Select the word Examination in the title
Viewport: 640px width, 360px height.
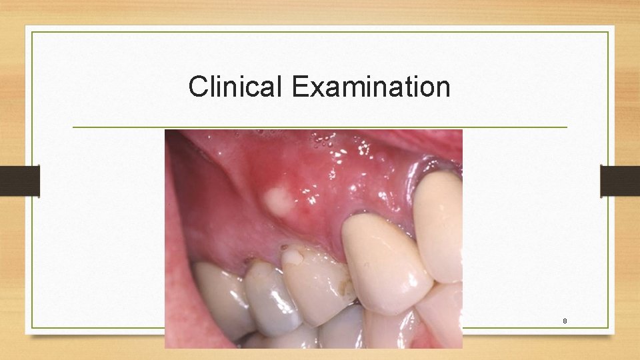pos(371,87)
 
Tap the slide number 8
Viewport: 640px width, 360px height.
pos(565,321)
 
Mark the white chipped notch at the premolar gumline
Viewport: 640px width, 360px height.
pos(291,251)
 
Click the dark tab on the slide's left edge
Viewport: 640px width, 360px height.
pos(20,181)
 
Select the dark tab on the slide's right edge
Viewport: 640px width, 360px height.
pos(620,181)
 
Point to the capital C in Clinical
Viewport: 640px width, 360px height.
pos(197,87)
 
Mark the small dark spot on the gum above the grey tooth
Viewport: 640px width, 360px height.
pos(248,259)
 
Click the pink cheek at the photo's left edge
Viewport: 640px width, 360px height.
pos(175,267)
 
